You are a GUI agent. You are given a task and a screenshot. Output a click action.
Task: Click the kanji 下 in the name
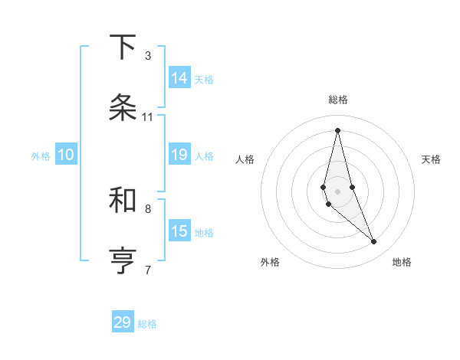pos(123,47)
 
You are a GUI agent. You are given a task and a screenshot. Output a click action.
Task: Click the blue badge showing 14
pos(179,77)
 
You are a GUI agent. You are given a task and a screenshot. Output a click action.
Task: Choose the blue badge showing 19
pos(179,155)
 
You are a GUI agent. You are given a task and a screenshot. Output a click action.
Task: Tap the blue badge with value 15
pos(179,231)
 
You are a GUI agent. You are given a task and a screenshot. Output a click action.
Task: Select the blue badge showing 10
pos(66,155)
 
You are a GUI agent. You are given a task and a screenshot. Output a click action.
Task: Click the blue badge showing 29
pos(123,322)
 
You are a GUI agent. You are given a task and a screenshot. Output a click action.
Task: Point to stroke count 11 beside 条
pos(148,117)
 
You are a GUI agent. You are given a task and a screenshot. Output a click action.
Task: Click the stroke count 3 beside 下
pos(148,56)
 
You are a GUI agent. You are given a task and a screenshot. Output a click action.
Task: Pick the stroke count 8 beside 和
pos(148,208)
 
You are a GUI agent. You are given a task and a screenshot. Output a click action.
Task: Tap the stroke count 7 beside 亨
pos(148,270)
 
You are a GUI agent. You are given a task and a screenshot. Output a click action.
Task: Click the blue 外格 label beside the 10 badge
pos(41,155)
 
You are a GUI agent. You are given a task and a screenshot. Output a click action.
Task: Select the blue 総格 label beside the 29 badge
pos(147,324)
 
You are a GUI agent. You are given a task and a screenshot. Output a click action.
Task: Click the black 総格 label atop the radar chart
pos(338,100)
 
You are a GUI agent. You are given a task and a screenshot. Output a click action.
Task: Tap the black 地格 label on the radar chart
pos(402,262)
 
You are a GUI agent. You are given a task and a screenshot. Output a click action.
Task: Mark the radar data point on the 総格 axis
pos(338,129)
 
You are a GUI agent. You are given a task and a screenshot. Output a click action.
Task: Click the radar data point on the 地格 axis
pos(374,242)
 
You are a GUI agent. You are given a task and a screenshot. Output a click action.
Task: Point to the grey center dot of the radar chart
pos(338,191)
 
